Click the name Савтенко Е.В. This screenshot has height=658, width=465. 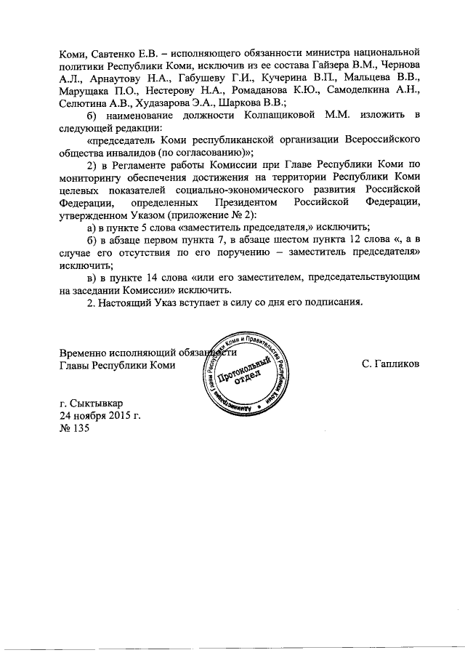(118, 52)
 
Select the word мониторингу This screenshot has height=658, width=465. (90, 185)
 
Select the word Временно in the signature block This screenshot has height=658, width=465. (83, 353)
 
